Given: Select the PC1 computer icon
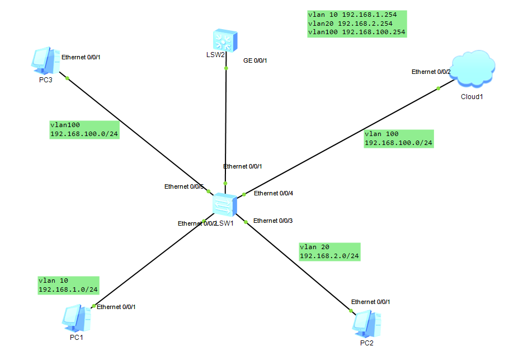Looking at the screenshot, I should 76,319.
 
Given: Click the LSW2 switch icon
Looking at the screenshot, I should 225,40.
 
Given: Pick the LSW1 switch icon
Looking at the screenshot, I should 225,204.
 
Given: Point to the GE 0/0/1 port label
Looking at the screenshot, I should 255,60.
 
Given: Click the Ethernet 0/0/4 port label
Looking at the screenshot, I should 274,193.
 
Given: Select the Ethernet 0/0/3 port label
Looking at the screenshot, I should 273,221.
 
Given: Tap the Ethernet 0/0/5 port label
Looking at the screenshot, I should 184,186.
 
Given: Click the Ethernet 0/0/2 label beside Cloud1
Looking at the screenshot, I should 431,72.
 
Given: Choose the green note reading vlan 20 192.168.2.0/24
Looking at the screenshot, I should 329,251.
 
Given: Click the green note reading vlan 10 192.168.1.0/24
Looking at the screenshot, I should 68,285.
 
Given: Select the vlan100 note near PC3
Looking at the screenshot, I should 83,130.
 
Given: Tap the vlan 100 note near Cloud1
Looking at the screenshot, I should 398,138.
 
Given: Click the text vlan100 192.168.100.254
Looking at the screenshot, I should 356,32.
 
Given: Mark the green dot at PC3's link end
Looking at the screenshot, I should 67,78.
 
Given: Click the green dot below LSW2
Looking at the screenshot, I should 226,68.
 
